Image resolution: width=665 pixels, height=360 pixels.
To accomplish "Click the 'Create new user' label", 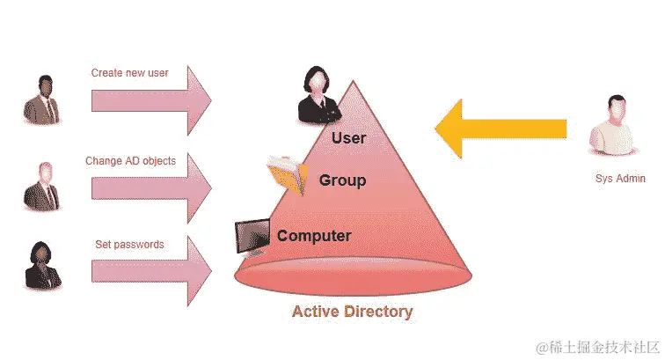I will tap(130, 72).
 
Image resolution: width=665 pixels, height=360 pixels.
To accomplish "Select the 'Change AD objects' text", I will tap(130, 161).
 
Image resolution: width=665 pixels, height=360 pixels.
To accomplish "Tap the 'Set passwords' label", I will tap(129, 244).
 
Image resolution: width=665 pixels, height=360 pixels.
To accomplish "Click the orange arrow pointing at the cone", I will tap(501, 129).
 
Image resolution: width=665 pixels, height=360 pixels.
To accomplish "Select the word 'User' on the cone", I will tap(348, 138).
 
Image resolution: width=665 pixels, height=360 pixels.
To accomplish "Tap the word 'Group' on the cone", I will tap(342, 180).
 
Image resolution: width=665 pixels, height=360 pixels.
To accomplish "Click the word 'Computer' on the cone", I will tap(314, 236).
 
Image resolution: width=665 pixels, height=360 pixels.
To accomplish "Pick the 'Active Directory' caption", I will tap(352, 312).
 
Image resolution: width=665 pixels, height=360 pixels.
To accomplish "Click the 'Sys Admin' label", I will tap(620, 179).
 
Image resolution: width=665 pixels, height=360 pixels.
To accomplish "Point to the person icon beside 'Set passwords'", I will tap(42, 264).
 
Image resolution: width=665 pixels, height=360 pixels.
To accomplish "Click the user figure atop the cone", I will tap(318, 95).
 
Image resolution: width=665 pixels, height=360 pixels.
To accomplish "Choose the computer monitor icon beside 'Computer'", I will tap(252, 236).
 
